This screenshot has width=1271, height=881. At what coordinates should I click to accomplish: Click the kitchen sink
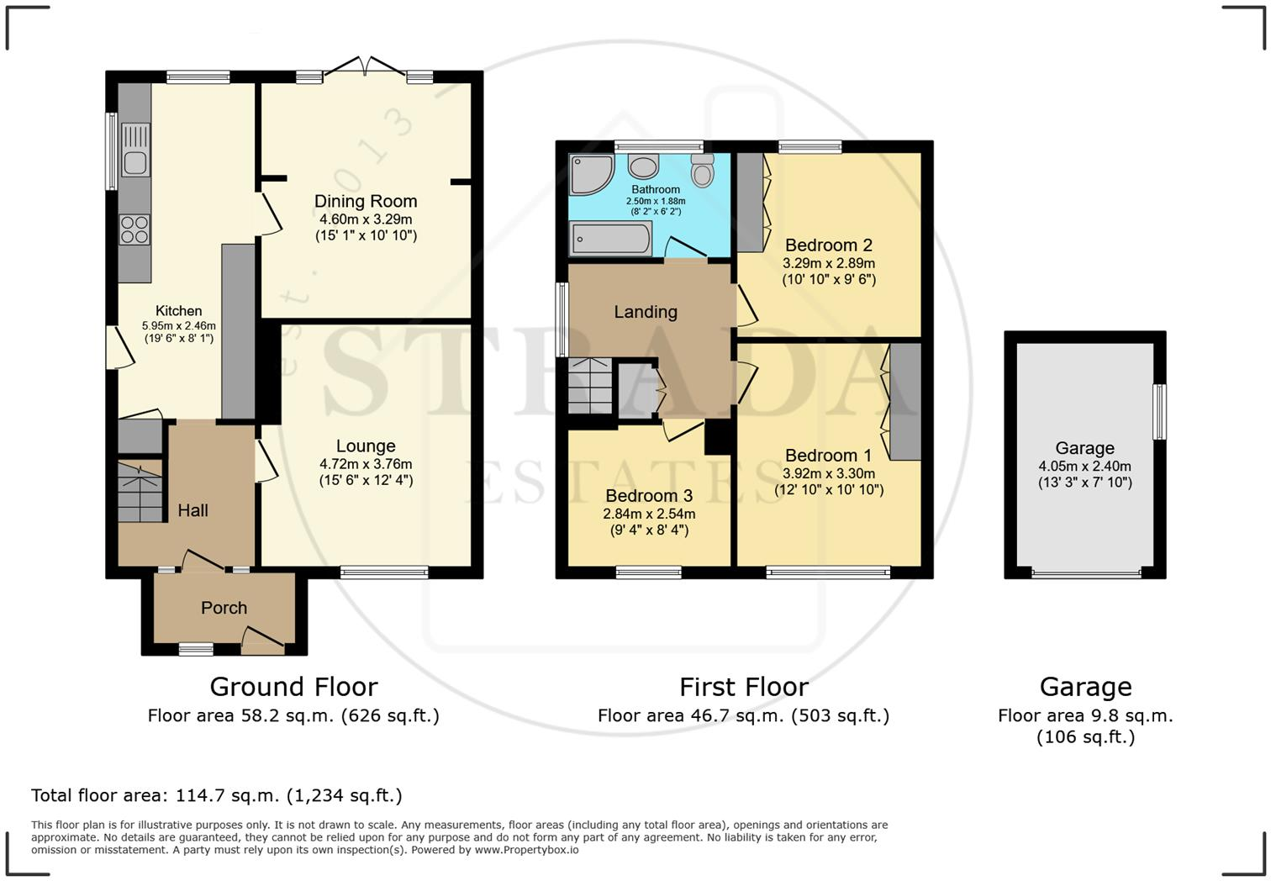point(135,150)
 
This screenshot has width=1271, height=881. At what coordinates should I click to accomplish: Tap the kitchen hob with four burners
point(135,229)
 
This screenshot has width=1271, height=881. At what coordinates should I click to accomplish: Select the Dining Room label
point(366,201)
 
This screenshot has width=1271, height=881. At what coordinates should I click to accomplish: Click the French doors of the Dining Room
point(365,68)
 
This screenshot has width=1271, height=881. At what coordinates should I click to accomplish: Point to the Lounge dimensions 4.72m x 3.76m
point(366,463)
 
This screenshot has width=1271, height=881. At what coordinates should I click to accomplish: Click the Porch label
point(224,608)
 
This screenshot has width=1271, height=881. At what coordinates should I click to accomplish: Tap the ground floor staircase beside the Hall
point(140,492)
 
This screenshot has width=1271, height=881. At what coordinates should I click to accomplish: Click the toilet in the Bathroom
point(702,171)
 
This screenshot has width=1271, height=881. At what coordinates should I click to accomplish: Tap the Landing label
point(646,312)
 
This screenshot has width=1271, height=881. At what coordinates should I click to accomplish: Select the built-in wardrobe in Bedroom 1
point(904,401)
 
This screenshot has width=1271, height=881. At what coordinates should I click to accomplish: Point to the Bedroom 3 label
point(648,496)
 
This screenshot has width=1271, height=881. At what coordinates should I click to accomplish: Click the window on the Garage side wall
point(1160,412)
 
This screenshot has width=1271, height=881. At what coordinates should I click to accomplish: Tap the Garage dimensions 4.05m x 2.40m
point(1084,467)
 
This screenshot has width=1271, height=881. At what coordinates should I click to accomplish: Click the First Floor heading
point(743,687)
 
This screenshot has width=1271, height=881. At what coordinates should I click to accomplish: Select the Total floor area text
point(217,795)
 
